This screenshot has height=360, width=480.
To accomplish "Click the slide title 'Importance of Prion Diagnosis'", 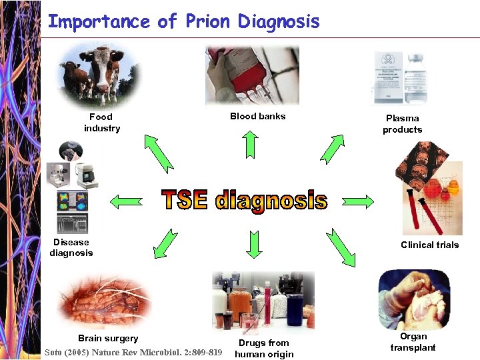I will click(x=183, y=21).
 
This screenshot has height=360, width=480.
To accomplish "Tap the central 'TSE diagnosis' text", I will click(x=245, y=200).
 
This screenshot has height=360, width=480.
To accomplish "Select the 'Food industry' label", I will click(x=101, y=123).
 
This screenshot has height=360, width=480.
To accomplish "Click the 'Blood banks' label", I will click(x=257, y=116).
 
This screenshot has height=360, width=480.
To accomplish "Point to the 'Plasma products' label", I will click(x=402, y=124).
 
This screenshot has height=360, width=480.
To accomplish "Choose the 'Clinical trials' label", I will click(x=429, y=245).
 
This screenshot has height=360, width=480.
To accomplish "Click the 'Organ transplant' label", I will click(x=413, y=342).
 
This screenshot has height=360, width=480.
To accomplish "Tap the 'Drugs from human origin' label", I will click(x=264, y=349).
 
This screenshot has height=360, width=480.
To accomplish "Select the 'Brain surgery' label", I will click(x=108, y=338).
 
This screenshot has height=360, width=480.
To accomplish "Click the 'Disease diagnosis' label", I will click(x=71, y=247).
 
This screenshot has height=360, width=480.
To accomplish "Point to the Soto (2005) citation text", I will click(x=133, y=352).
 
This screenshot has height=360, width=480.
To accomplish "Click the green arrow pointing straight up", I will click(x=250, y=143).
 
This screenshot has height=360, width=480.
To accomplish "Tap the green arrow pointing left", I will click(x=126, y=199).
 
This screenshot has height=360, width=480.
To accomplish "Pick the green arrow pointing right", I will click(x=357, y=200).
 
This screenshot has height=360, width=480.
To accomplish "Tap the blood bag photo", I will click(x=252, y=75).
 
